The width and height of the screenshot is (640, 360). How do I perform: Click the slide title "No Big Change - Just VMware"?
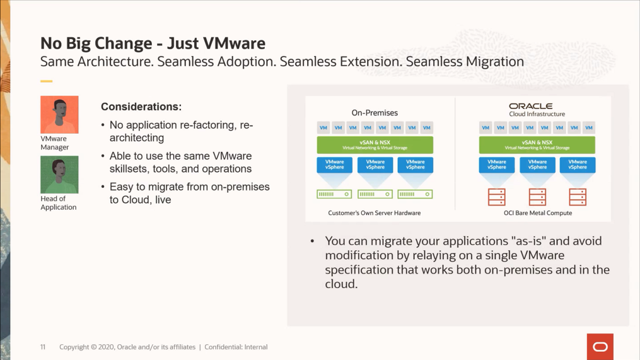[153, 43]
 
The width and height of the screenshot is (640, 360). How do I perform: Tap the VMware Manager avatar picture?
[59, 115]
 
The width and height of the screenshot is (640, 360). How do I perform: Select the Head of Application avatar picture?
[59, 175]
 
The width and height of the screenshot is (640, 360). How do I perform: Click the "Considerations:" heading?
[141, 107]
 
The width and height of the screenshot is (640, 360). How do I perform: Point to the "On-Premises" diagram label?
[375, 113]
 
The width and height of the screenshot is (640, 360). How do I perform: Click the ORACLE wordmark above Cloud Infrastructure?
[531, 106]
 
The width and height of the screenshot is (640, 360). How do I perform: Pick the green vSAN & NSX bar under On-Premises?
[375, 145]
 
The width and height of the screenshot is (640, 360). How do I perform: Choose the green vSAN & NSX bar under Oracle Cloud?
[537, 145]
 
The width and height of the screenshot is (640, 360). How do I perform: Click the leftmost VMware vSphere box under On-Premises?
[334, 165]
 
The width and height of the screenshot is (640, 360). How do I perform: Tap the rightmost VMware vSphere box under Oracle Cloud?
[578, 165]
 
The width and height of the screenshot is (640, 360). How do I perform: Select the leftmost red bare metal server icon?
[497, 197]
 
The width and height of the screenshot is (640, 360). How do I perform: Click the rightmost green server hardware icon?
[415, 194]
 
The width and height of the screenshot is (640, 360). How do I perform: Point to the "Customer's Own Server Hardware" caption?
[374, 213]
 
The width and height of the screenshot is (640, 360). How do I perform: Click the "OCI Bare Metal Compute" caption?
[537, 213]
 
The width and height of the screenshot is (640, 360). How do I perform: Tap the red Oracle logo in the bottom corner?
[600, 347]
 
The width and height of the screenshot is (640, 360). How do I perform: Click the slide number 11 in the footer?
[43, 347]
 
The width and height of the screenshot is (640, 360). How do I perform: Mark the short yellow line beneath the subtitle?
[46, 81]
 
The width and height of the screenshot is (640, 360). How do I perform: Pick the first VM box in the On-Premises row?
[323, 127]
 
